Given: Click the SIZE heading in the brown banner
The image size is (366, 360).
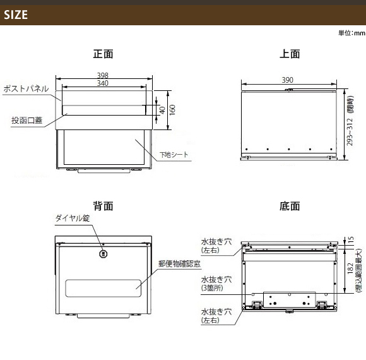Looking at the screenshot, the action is [16, 15].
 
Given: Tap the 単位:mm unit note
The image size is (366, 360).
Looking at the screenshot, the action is [351, 33].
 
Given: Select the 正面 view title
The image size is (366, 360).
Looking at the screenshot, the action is [103, 54].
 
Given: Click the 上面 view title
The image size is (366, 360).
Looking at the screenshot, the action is [290, 54].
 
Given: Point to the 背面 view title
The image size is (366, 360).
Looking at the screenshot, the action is [103, 206].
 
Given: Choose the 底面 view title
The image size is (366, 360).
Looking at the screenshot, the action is [290, 206].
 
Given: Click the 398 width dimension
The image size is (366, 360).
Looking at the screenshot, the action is [103, 75].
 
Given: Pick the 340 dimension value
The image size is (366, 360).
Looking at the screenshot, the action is [103, 83].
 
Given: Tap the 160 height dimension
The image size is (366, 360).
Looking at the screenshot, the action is [172, 110].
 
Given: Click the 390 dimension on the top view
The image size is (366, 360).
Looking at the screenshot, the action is [287, 80].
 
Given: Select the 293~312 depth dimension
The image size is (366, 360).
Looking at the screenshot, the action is [350, 132].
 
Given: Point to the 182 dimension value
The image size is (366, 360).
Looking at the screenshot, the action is [350, 268].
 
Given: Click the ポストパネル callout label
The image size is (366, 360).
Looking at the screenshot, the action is [26, 89].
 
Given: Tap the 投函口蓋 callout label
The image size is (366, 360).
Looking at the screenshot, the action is [27, 120].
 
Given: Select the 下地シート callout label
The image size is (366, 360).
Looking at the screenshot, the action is [174, 154].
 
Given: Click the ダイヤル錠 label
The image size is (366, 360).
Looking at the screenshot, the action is [73, 218].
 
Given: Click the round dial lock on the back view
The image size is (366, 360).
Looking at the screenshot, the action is [103, 254].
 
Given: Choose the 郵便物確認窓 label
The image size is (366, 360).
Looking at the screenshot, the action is [179, 264].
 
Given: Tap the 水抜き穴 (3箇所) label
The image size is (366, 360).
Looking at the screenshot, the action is [216, 284].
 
